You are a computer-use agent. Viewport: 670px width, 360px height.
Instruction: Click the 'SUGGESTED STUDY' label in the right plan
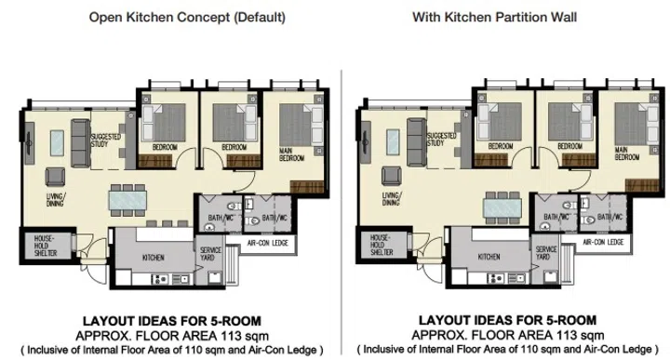tap(434, 140)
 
